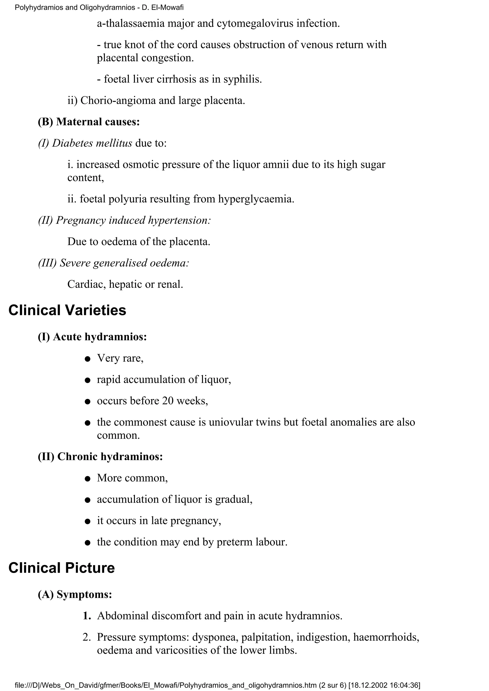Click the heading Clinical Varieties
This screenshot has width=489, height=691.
click(x=67, y=310)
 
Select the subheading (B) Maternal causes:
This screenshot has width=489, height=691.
click(x=89, y=122)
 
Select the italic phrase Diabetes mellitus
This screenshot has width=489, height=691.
click(x=92, y=143)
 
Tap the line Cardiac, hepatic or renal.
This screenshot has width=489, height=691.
click(x=125, y=284)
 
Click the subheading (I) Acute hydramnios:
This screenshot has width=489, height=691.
click(x=92, y=337)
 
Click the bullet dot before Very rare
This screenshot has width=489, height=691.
click(x=88, y=359)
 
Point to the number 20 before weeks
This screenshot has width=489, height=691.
click(x=168, y=401)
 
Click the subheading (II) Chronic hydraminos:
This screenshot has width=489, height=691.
click(x=100, y=457)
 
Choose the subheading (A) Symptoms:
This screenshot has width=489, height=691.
click(x=75, y=594)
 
